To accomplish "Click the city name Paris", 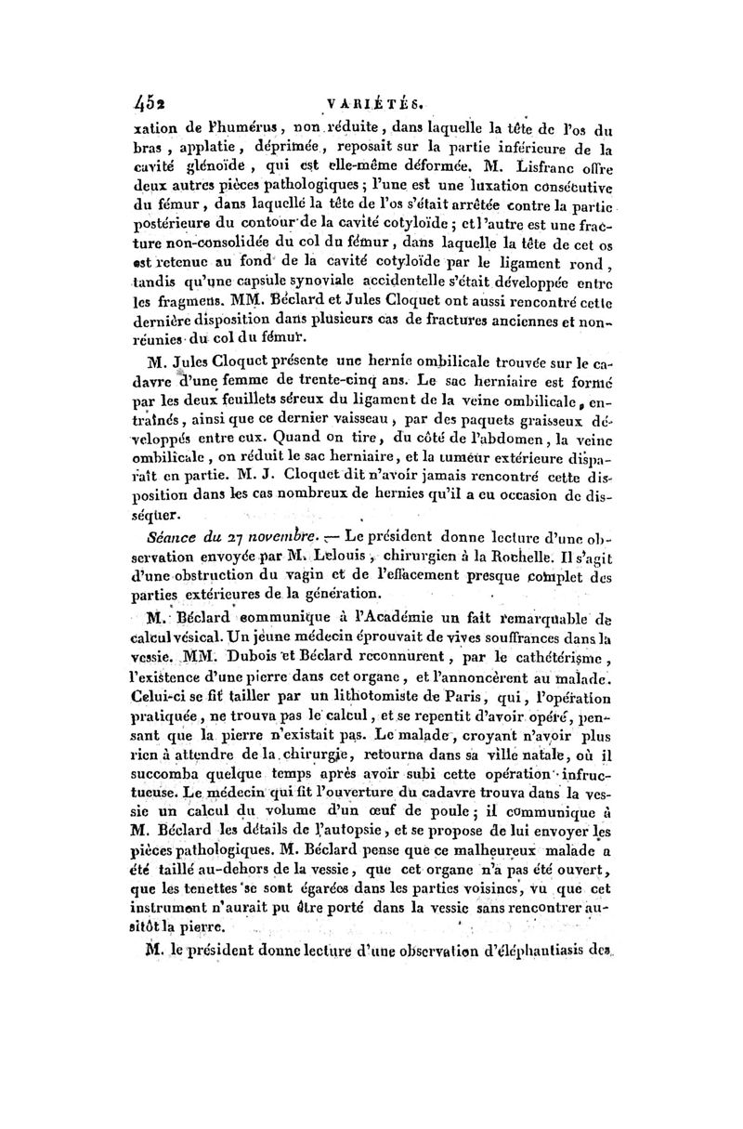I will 464,701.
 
